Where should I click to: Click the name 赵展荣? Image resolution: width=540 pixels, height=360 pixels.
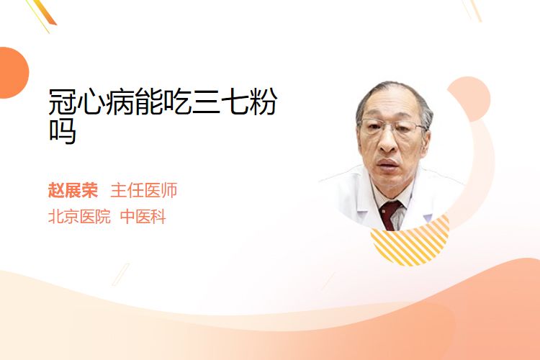pos(73,190)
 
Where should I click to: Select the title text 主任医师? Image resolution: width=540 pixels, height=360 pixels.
pos(144,190)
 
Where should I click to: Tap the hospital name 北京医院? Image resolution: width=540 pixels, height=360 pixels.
pos(79,217)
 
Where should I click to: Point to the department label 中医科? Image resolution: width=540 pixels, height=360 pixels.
pos(143,217)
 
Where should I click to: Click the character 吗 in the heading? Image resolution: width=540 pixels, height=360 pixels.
pos(63,131)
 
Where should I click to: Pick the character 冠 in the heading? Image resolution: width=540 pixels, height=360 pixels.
pos(63,102)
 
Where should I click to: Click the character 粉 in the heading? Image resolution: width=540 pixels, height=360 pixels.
pos(264,102)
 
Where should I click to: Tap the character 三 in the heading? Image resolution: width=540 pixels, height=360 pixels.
pos(206,102)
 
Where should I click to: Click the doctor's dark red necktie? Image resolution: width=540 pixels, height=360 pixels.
pos(390,215)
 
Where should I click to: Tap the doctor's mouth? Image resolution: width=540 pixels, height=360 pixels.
pos(388,163)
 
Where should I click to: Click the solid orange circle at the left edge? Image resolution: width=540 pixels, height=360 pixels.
pos(13,73)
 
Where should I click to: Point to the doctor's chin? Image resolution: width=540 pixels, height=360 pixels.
pos(389,181)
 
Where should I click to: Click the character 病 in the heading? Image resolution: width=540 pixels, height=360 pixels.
pos(120,102)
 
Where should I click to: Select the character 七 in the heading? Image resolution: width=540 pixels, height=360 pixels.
pos(235,102)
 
